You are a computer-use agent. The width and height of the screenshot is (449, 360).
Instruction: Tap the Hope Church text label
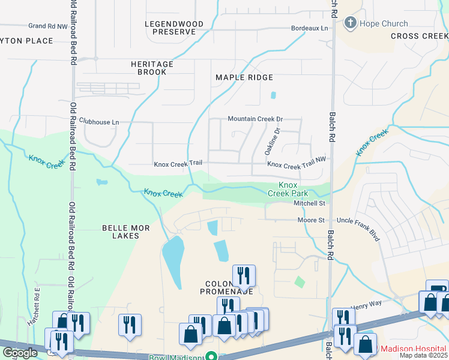click(x=384, y=24)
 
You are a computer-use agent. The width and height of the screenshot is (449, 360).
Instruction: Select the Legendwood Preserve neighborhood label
click(x=174, y=28)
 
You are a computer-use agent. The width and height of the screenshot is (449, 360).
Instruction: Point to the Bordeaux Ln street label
click(x=310, y=28)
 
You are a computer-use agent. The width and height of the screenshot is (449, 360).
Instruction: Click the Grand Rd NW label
click(x=48, y=26)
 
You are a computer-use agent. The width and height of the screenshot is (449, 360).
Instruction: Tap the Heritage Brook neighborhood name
click(x=152, y=68)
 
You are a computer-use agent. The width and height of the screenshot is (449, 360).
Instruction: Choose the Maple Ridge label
click(x=244, y=77)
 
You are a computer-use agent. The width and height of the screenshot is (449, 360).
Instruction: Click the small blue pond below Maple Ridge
click(x=274, y=95)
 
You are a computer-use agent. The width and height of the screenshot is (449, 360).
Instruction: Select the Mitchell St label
click(x=309, y=203)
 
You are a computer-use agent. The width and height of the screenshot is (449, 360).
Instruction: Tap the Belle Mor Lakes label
click(x=121, y=232)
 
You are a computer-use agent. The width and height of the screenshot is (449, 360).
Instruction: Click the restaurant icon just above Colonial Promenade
click(x=244, y=275)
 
